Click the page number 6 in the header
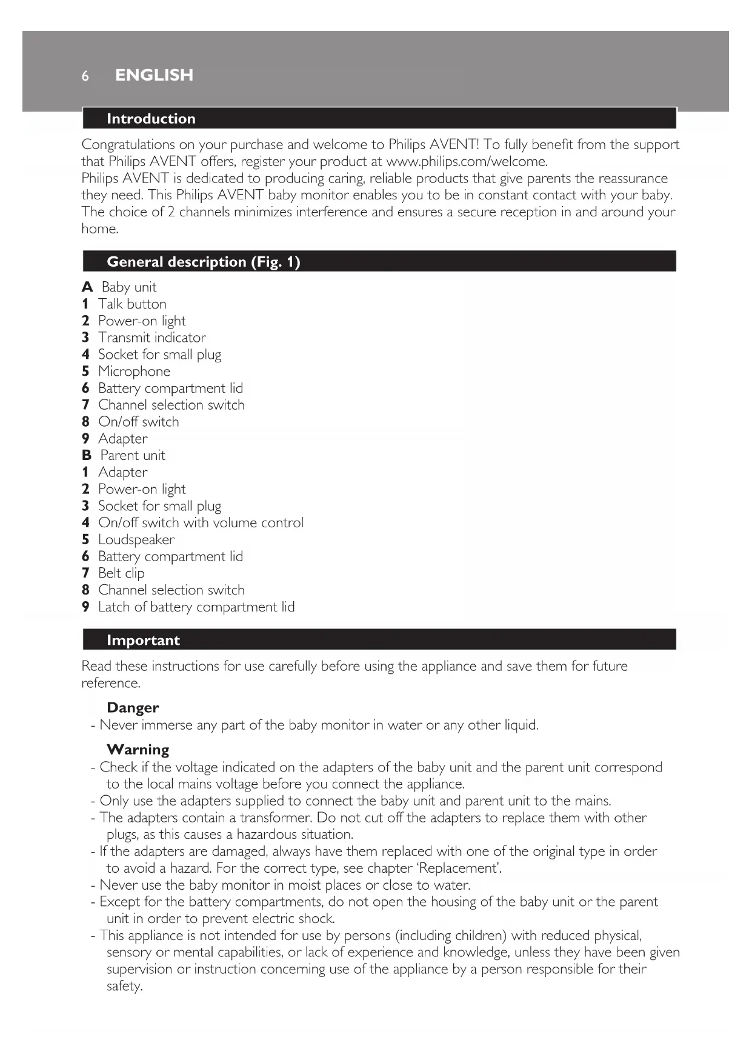point(85,76)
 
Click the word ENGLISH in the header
point(154,75)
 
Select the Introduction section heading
point(151,119)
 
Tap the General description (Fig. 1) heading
point(203,262)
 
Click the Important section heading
point(143,641)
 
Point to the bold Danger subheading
point(133,708)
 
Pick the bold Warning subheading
point(138,750)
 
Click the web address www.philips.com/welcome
point(467,162)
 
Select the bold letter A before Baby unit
point(87,287)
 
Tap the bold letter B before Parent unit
point(87,456)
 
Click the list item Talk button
point(132,304)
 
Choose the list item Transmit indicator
point(152,338)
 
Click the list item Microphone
point(134,372)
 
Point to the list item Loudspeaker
point(136,540)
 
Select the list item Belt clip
point(121,573)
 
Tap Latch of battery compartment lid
point(196,607)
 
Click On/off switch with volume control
point(201,523)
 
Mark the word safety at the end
point(124,986)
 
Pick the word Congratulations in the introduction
point(128,145)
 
